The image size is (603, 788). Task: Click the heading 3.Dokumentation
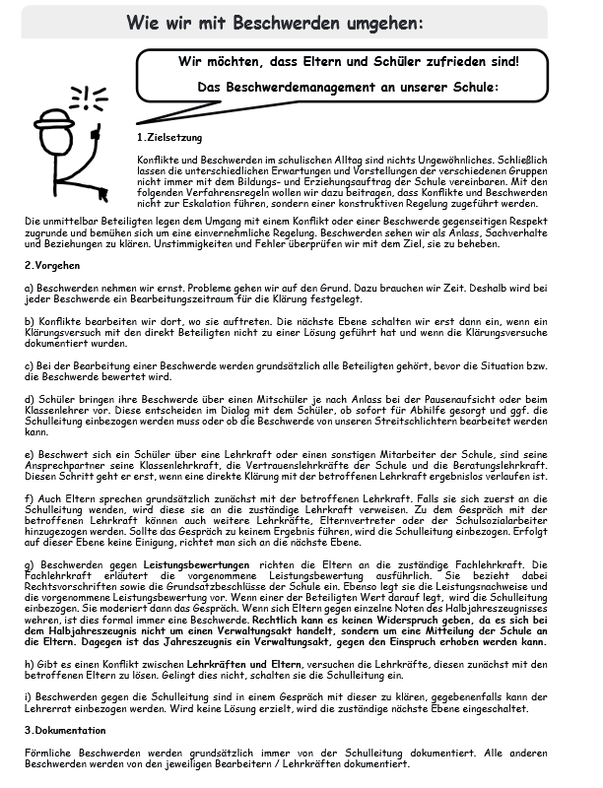64,730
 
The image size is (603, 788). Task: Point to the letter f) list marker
28,496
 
